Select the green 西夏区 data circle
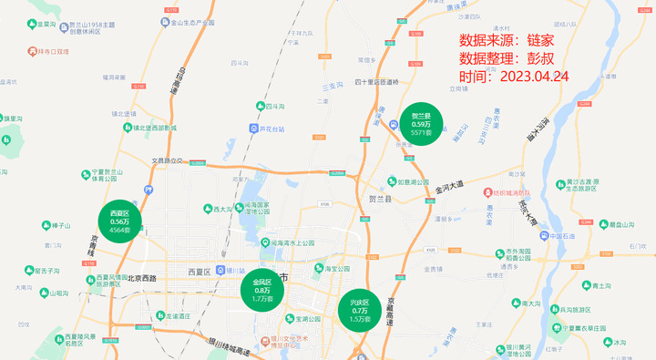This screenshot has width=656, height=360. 120,221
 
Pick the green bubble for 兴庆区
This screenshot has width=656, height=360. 359,309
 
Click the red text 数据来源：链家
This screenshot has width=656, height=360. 506,40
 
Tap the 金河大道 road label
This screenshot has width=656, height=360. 449,186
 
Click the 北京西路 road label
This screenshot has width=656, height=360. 141,278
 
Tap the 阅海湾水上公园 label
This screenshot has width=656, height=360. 286,243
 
